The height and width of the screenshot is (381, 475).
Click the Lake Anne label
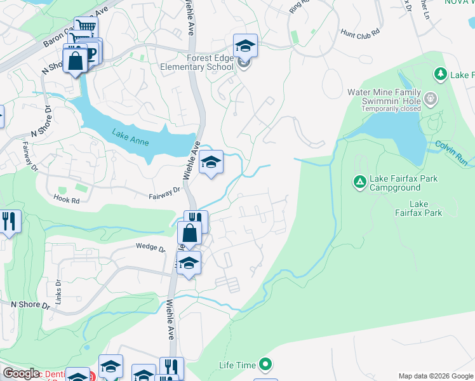[131, 137]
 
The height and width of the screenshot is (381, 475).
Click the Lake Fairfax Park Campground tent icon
[359, 183]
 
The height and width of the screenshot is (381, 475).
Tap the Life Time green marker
[265, 364]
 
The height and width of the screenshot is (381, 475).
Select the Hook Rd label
[66, 200]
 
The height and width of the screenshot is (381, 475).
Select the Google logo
[22, 374]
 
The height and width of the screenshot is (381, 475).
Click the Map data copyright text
[436, 376]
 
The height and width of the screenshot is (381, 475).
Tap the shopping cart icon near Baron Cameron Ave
[86, 27]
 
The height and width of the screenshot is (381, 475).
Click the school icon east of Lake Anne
[211, 163]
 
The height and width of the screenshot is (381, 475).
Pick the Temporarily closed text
[392, 109]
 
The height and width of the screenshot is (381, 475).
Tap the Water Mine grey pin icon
[431, 98]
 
